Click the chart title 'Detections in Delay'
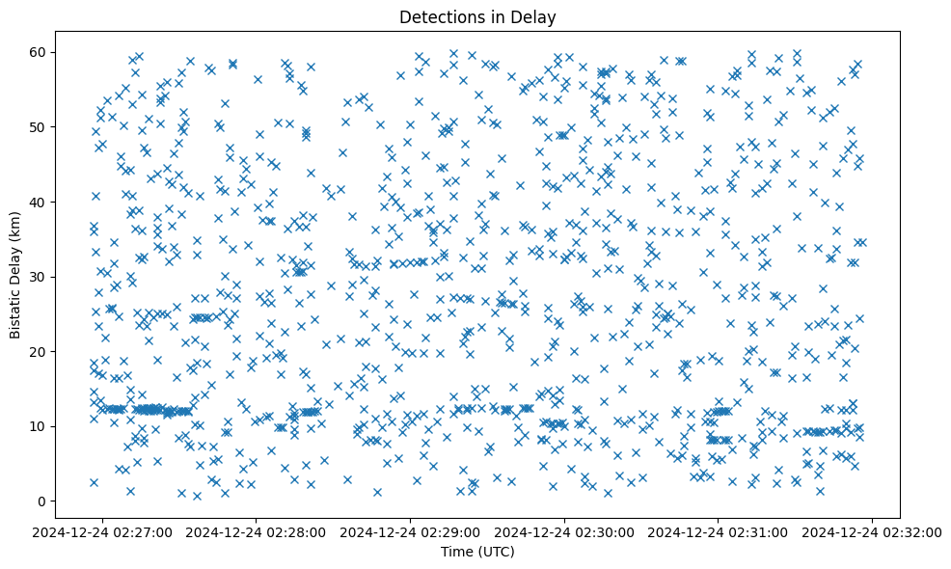tap(478, 16)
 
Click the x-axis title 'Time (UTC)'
tap(478, 553)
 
